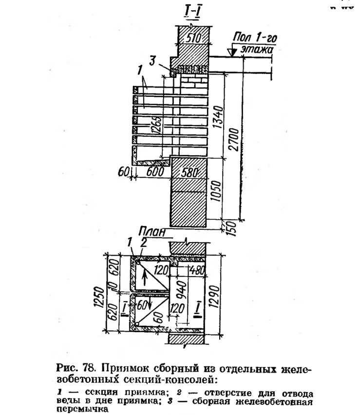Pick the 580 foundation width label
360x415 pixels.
tap(189, 172)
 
